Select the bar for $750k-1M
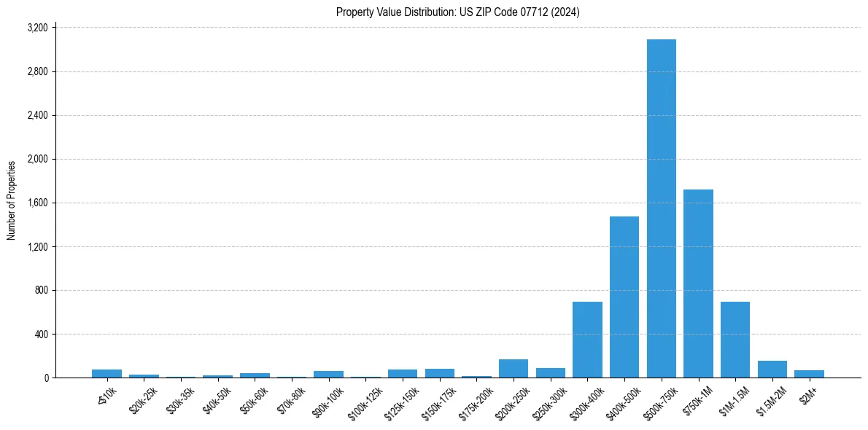(x=698, y=284)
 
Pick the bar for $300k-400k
(x=587, y=340)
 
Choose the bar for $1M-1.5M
(x=735, y=340)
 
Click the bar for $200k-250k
(x=514, y=369)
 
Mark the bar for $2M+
(x=809, y=374)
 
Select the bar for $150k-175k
(x=440, y=373)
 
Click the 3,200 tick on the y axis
(x=37, y=28)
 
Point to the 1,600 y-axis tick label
(x=37, y=203)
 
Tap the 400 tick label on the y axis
(x=41, y=334)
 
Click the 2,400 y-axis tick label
(x=37, y=115)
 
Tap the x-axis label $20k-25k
(x=144, y=400)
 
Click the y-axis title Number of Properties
(x=12, y=200)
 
